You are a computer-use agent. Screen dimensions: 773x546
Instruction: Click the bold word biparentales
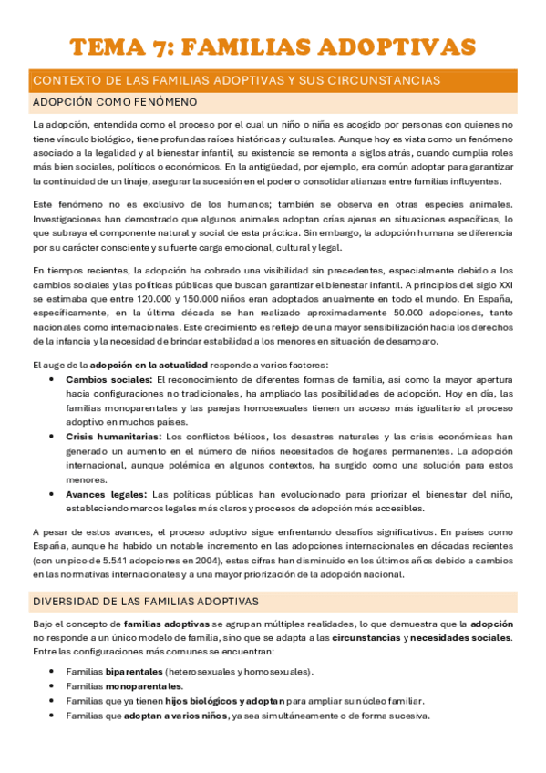(x=133, y=672)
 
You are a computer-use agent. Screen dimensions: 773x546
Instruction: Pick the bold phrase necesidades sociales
(x=460, y=636)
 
